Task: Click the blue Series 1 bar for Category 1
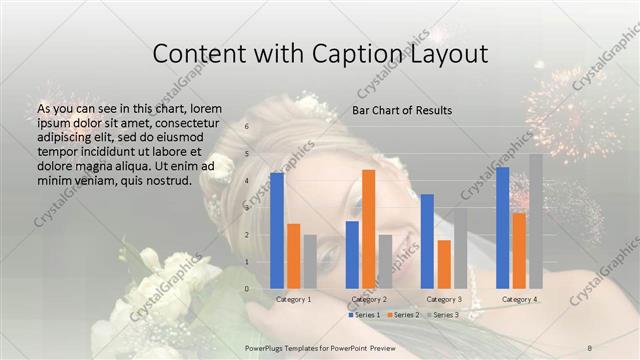pyautogui.click(x=277, y=230)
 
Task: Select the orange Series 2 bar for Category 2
pyautogui.click(x=368, y=229)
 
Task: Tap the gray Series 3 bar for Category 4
pyautogui.click(x=536, y=221)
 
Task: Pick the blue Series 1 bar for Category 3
pyautogui.click(x=427, y=241)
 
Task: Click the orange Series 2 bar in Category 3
pyautogui.click(x=444, y=264)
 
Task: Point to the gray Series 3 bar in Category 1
pyautogui.click(x=310, y=262)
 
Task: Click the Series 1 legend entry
pyautogui.click(x=365, y=315)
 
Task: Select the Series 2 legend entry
pyautogui.click(x=404, y=315)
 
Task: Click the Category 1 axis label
pyautogui.click(x=293, y=299)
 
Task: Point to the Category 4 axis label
pyautogui.click(x=519, y=299)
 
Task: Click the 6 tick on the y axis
pyautogui.click(x=248, y=126)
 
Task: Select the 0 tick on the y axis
pyautogui.click(x=248, y=289)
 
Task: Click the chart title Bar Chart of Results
pyautogui.click(x=401, y=109)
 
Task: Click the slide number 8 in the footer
pyautogui.click(x=589, y=347)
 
